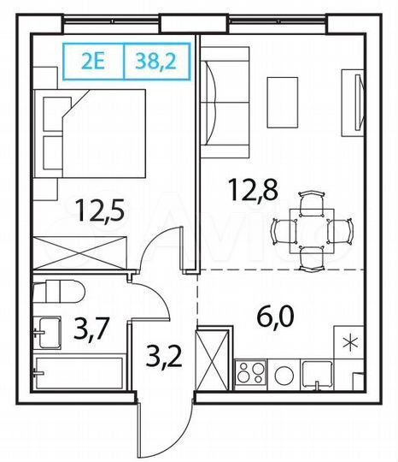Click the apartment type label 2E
point(94,61)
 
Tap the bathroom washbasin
point(46,329)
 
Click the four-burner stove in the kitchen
point(251,373)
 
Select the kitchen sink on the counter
point(318,372)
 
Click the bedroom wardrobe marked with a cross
point(81,254)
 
